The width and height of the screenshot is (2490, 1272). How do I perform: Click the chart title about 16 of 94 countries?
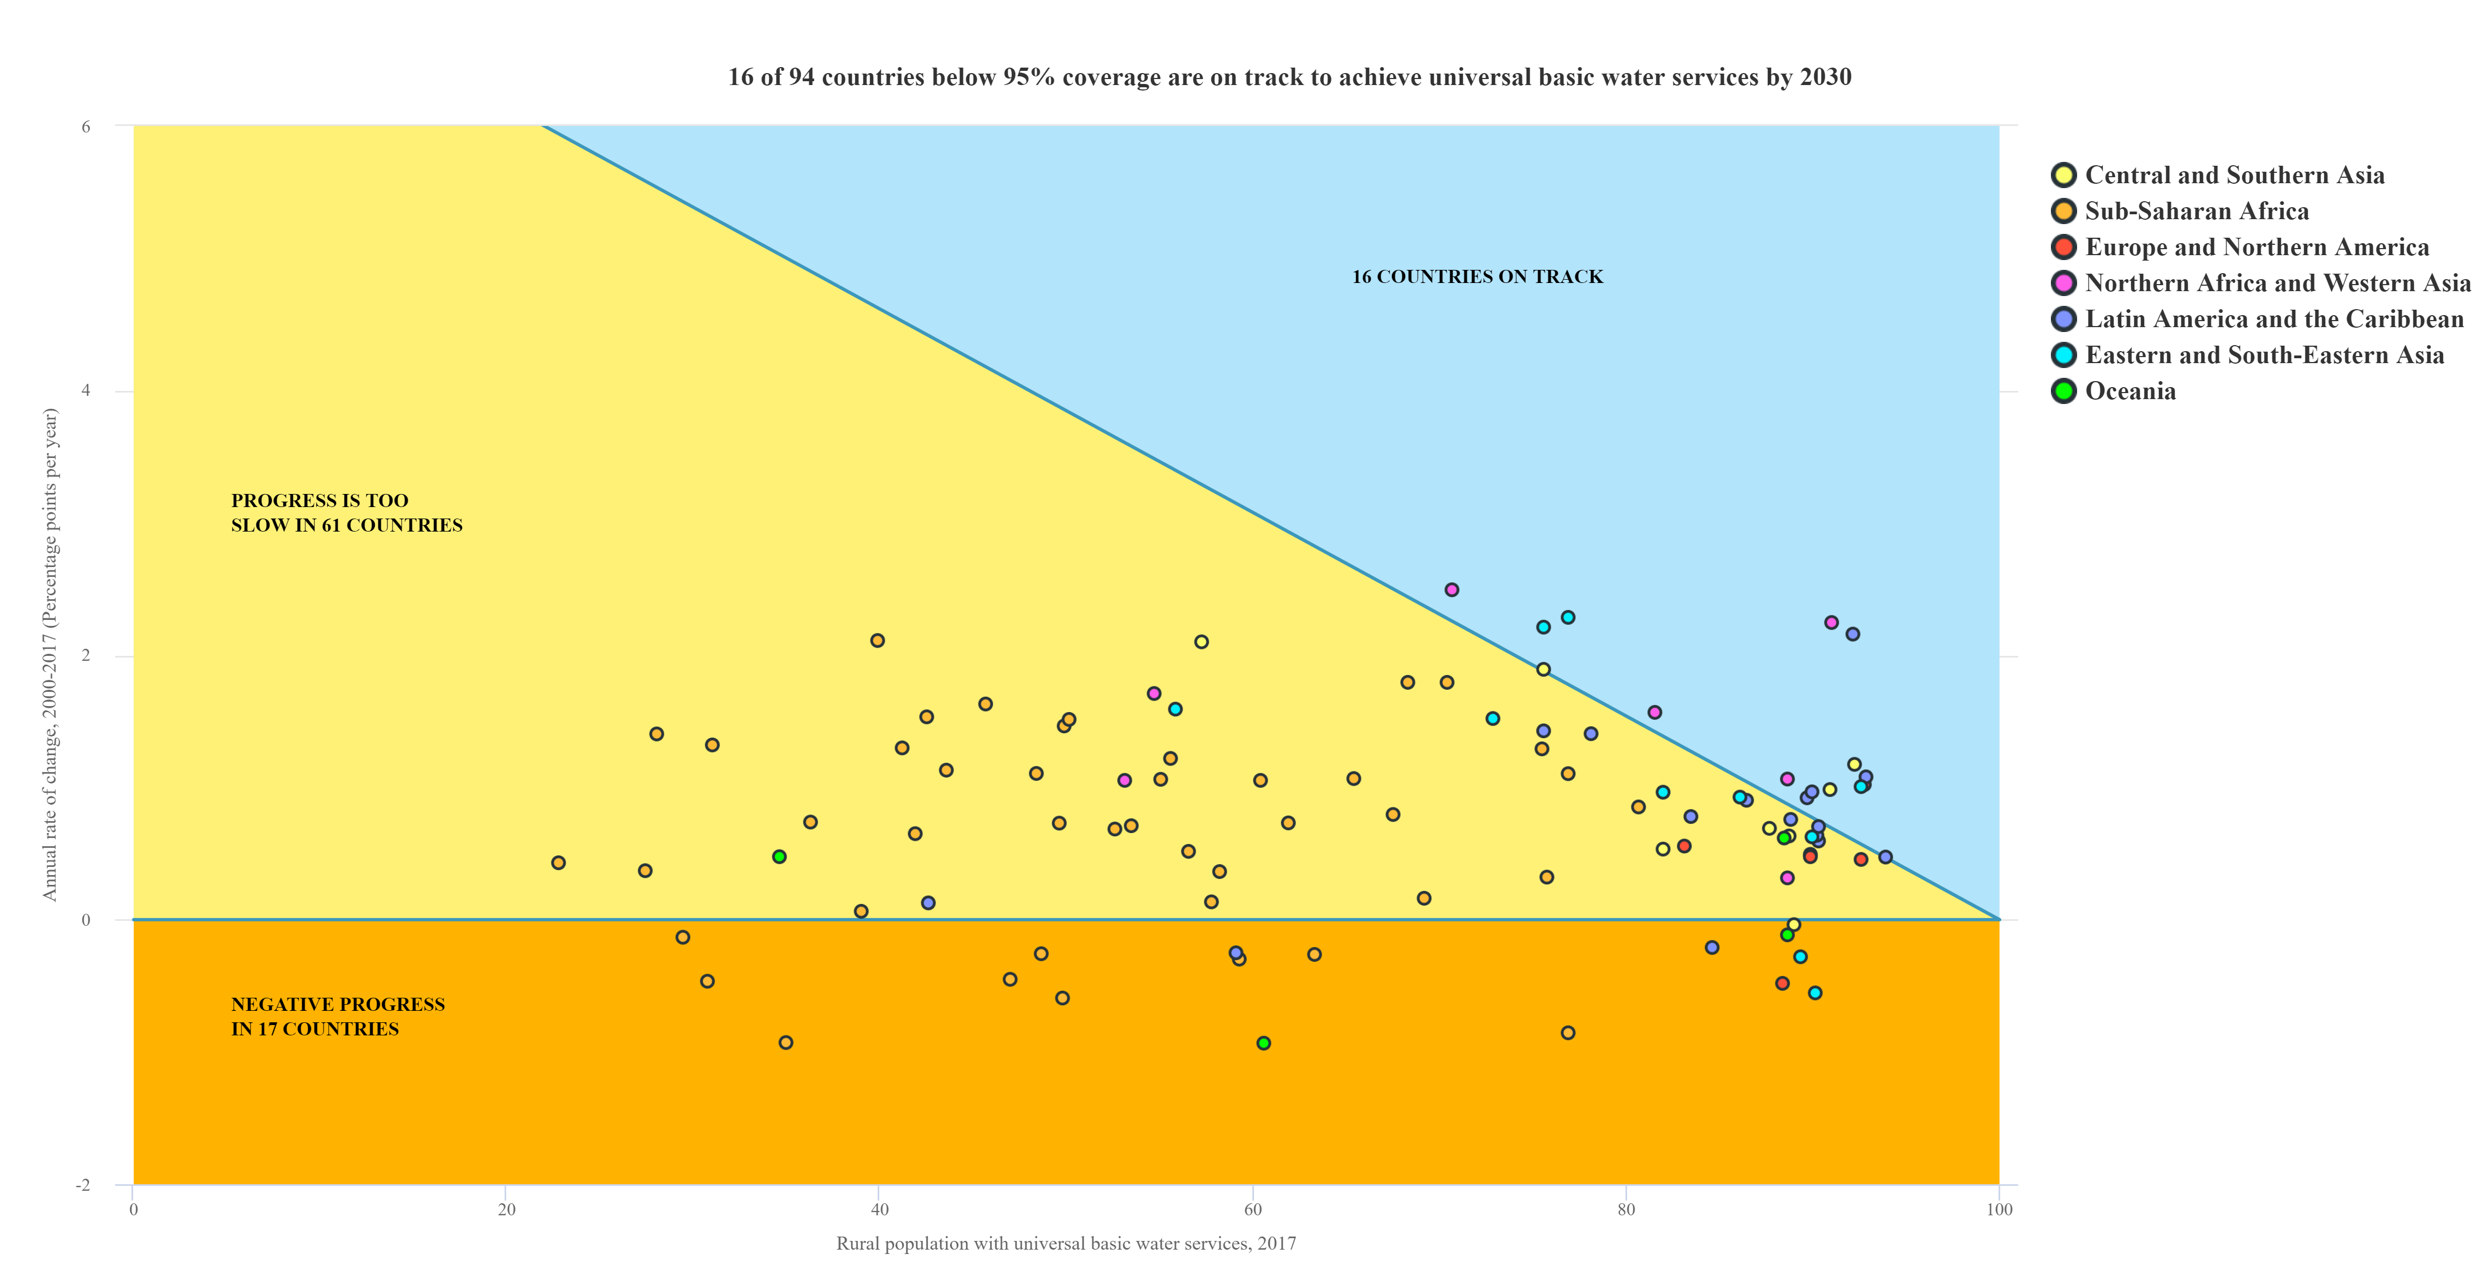coord(1288,77)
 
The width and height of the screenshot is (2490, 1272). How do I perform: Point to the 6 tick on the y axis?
coord(86,126)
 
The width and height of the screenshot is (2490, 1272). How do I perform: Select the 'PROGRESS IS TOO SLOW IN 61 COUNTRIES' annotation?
coord(346,513)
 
